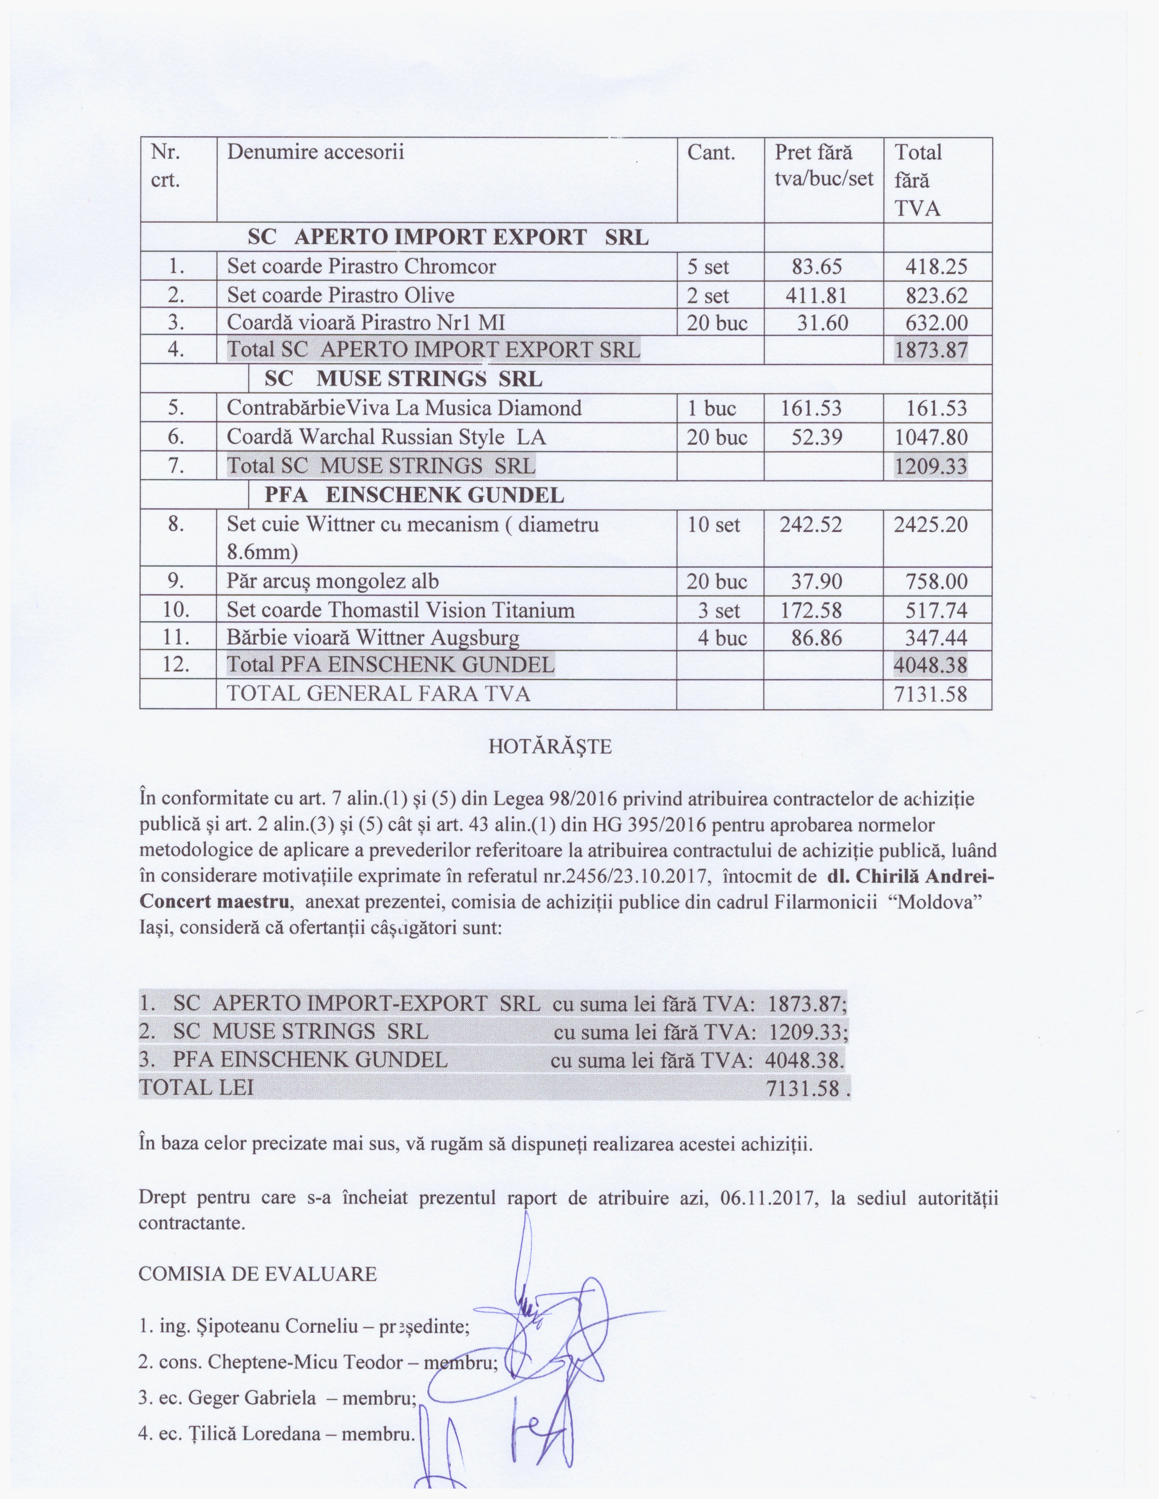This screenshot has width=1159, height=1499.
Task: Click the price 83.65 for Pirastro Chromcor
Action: [816, 266]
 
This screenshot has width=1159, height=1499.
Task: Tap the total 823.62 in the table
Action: [936, 295]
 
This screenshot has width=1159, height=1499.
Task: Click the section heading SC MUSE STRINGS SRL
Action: [403, 379]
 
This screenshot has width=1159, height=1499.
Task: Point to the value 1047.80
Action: [930, 437]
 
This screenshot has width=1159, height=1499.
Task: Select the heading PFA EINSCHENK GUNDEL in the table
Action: [414, 495]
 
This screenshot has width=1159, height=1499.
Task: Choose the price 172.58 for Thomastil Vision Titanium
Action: [811, 610]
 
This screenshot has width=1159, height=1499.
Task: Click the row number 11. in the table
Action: [176, 638]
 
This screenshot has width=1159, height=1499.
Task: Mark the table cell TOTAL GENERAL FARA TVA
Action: [378, 694]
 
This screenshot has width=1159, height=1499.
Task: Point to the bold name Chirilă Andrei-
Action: [912, 877]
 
